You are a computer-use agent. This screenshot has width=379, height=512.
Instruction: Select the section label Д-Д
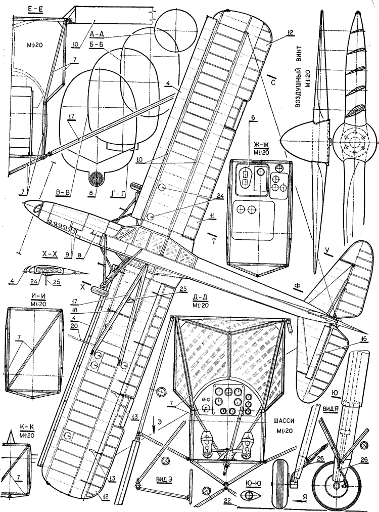pyautogui.click(x=199, y=304)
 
